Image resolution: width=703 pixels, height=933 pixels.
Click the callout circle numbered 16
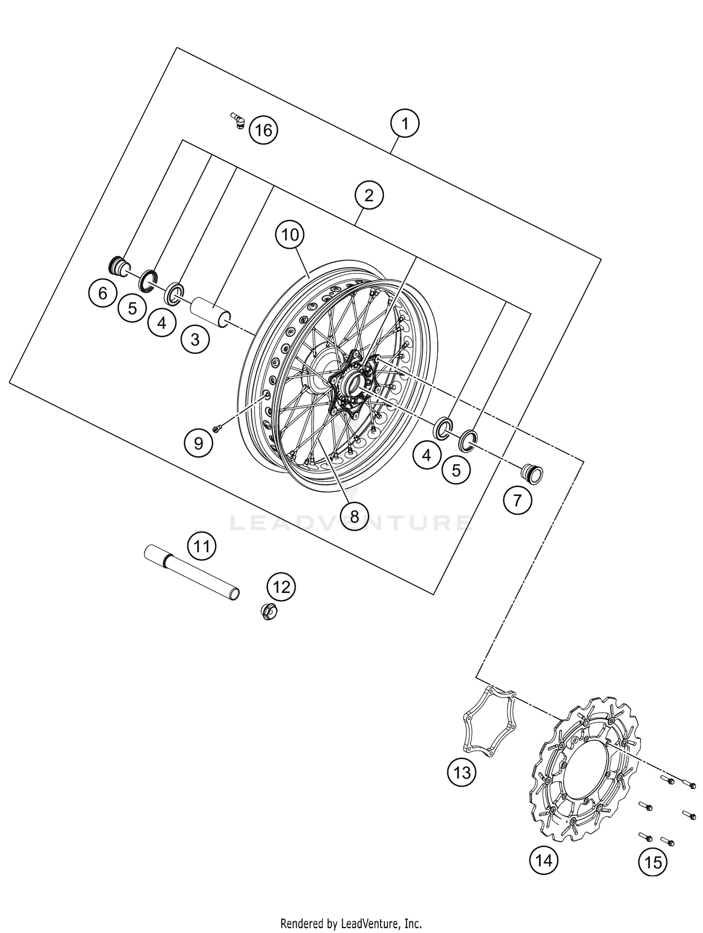[263, 130]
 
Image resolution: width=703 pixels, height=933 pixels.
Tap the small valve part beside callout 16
[239, 120]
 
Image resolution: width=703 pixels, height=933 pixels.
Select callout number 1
[404, 124]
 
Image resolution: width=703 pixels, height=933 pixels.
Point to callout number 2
[369, 195]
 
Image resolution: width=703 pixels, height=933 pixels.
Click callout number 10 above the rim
[290, 235]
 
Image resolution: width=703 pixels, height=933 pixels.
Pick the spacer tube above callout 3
[210, 312]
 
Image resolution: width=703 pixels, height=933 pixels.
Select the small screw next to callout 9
[217, 428]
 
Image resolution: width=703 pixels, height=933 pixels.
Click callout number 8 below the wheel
[354, 516]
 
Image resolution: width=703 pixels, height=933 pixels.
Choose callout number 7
[517, 501]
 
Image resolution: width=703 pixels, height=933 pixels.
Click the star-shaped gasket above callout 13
[489, 724]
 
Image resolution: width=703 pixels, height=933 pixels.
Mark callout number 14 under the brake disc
[544, 860]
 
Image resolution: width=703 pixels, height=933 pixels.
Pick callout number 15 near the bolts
[653, 862]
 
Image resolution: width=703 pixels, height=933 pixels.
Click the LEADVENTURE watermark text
[351, 523]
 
